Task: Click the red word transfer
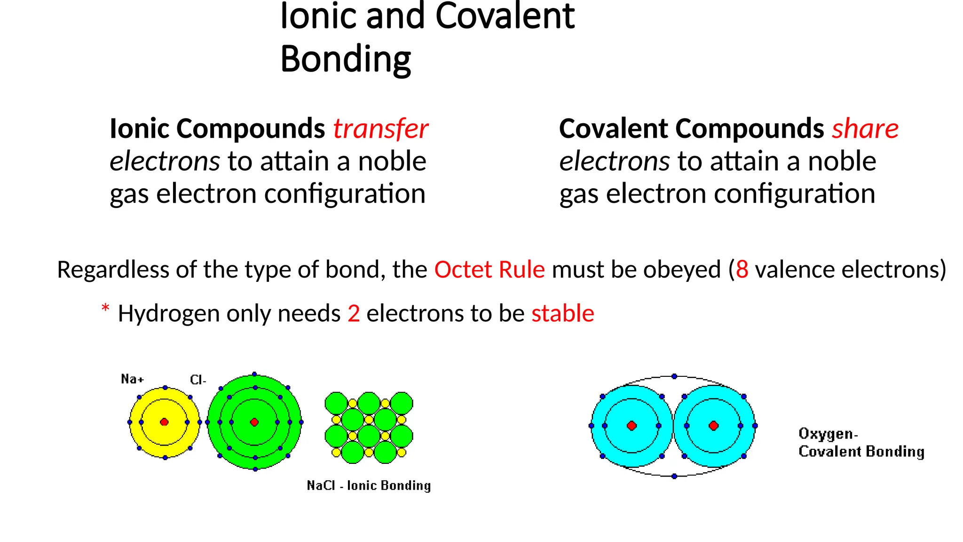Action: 380,129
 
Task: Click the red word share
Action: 865,129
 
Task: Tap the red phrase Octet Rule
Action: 489,270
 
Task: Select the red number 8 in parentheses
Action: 742,270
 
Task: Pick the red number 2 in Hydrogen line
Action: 354,313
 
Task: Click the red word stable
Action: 562,313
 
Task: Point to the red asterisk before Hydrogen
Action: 105,309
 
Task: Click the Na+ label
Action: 132,379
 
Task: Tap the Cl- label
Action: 198,380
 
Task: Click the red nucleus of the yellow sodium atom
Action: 164,422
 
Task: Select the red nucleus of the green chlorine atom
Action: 254,422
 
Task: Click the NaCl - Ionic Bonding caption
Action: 369,486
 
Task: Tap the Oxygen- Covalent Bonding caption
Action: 861,442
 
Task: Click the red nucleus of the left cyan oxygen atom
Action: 632,426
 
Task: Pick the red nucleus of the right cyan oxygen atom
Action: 714,426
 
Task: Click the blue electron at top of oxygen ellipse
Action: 674,376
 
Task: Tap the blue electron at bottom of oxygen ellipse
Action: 674,476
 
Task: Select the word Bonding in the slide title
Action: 346,59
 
